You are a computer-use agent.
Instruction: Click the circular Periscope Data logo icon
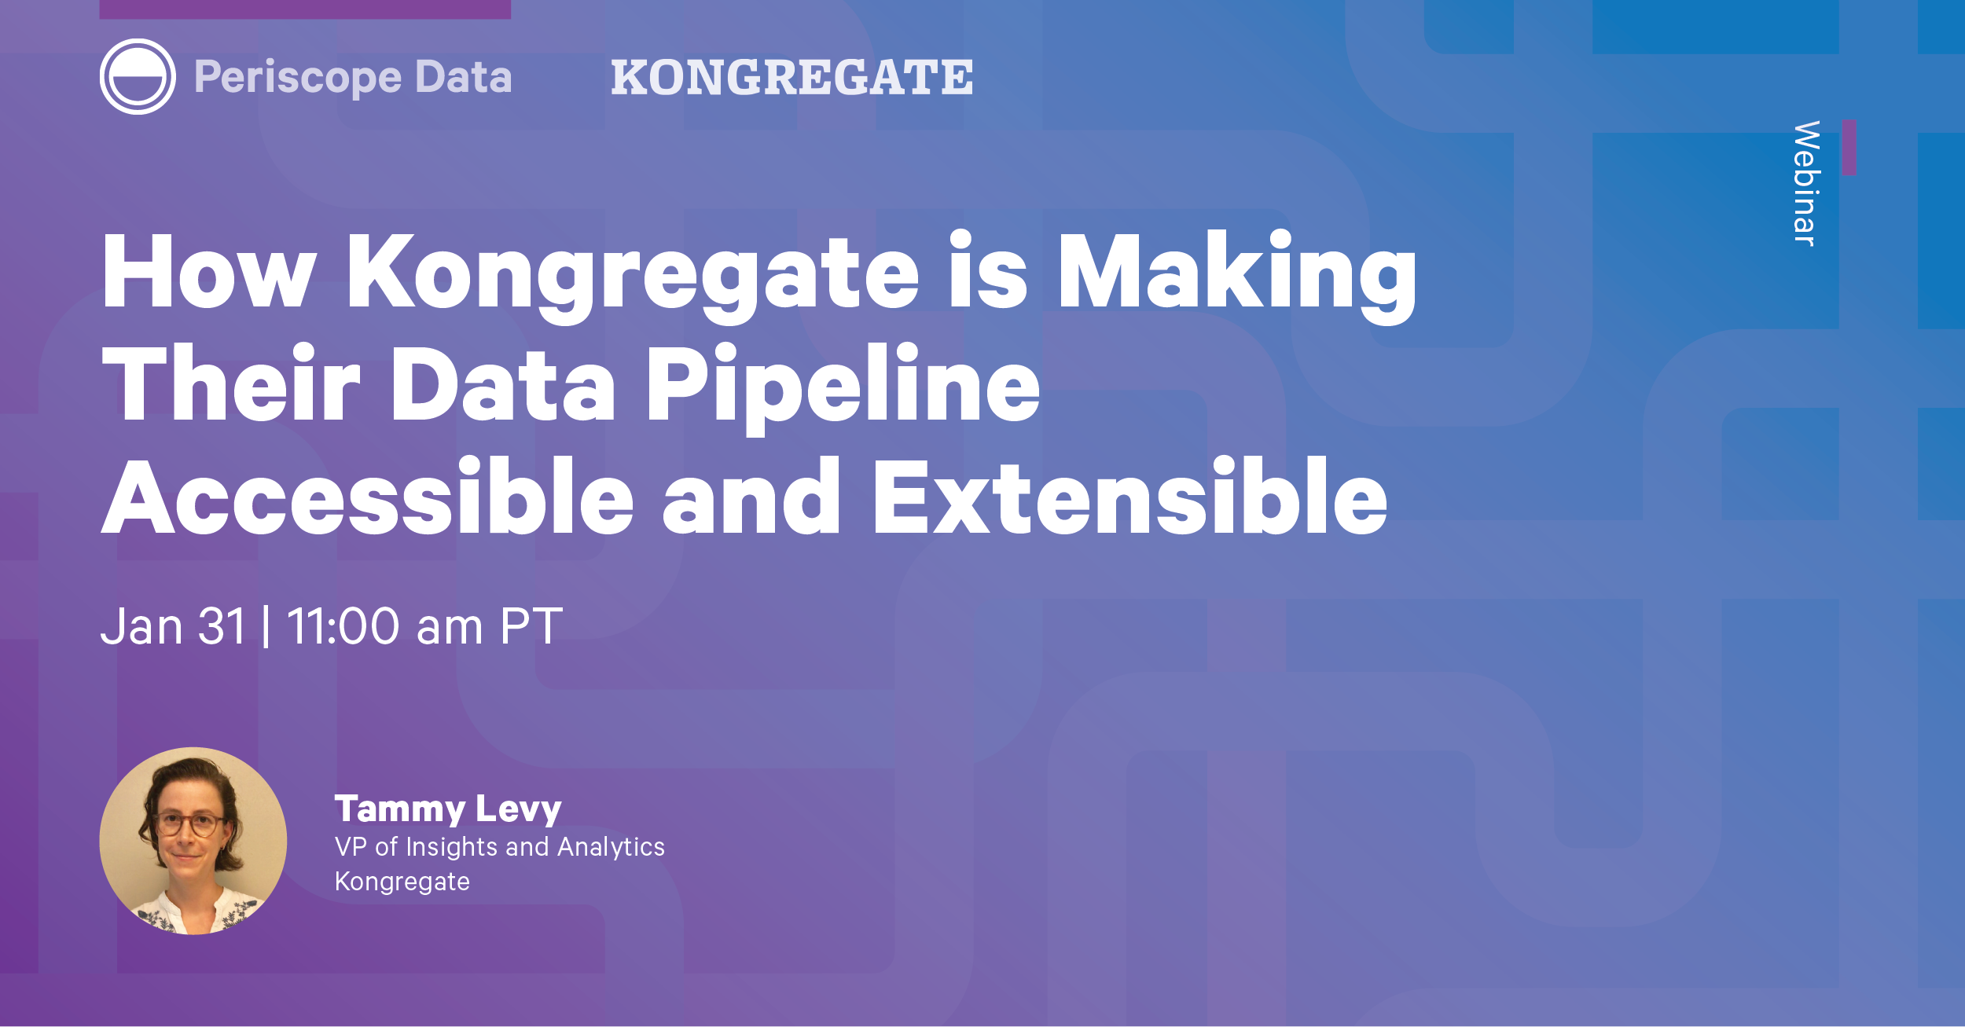[x=138, y=76]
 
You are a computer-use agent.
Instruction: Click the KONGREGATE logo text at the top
[x=792, y=77]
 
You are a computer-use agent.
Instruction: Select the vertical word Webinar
[x=1806, y=183]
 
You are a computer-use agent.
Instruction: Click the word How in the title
[x=209, y=271]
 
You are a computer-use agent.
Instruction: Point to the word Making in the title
[x=1237, y=277]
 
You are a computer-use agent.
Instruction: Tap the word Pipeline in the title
[x=843, y=389]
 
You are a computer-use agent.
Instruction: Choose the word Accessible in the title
[x=367, y=496]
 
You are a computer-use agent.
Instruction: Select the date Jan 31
[x=173, y=626]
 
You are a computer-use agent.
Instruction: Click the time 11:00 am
[x=384, y=626]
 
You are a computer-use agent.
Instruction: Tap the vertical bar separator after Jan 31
[x=266, y=626]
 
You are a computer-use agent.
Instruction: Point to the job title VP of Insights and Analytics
[x=500, y=847]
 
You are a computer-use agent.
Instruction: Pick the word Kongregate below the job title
[x=402, y=882]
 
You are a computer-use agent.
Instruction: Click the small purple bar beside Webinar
[x=1849, y=148]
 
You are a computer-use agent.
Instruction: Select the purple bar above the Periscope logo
[x=305, y=9]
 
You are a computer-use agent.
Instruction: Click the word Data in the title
[x=503, y=384]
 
